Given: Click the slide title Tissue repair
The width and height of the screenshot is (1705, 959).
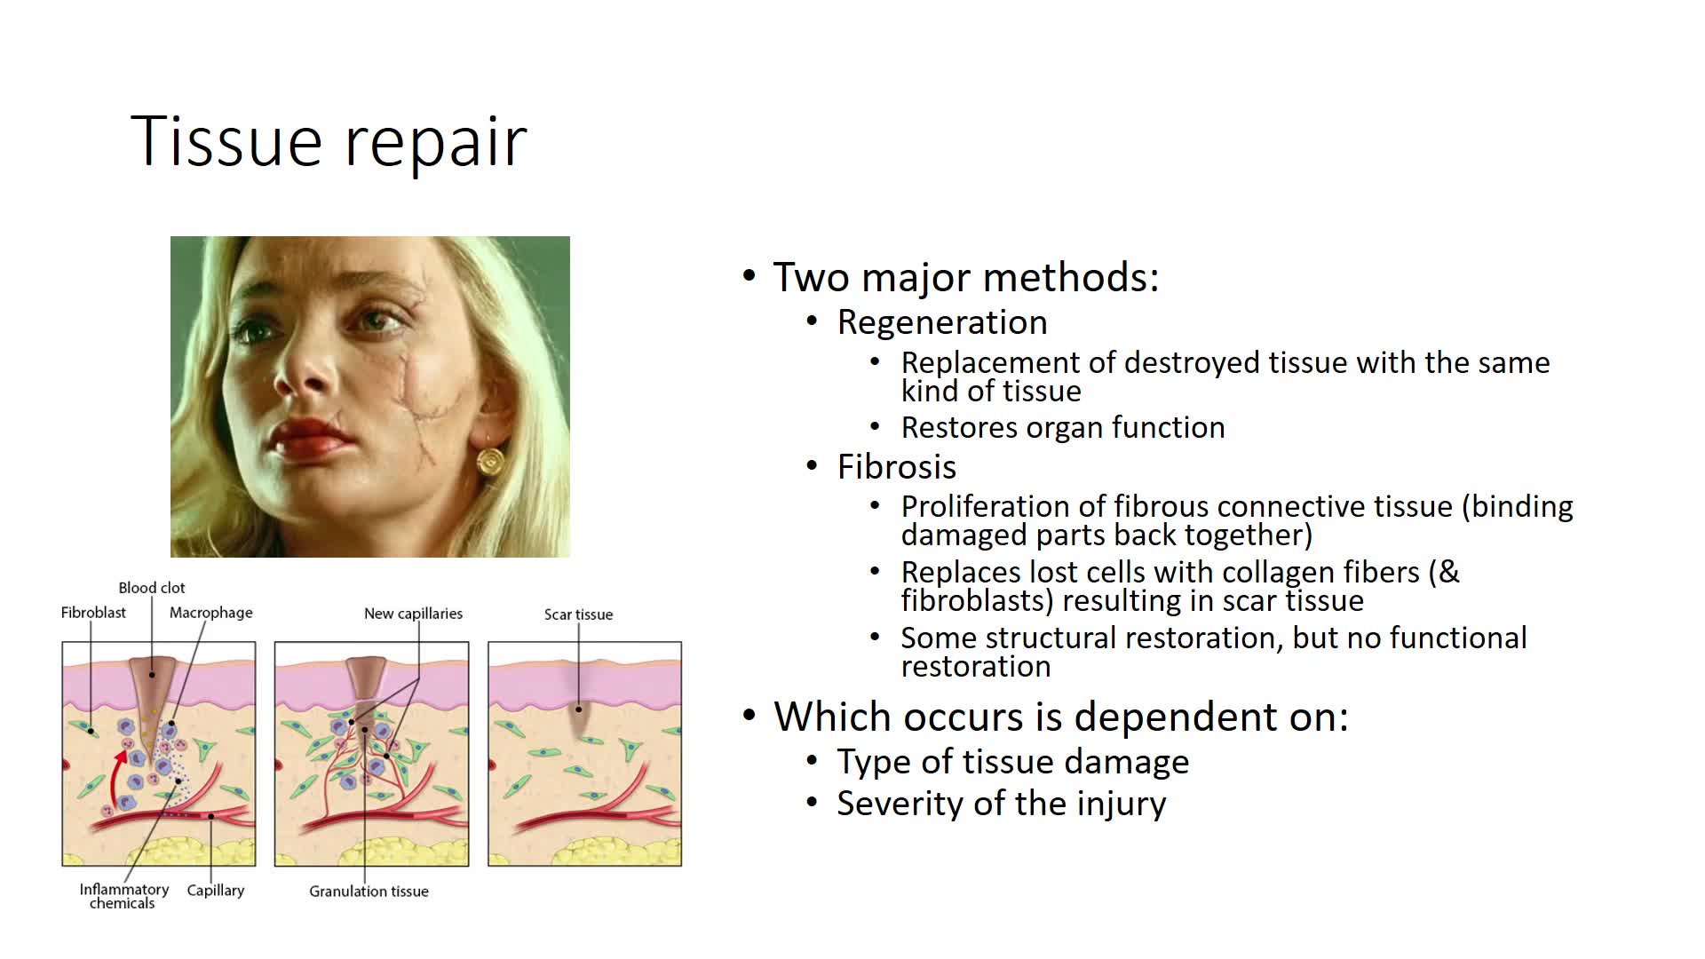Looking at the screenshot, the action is pos(329,141).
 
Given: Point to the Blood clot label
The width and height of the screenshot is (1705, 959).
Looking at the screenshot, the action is pos(152,588).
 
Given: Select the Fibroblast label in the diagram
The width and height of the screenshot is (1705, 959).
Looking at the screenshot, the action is pos(93,613).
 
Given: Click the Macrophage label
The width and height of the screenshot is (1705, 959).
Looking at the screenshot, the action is pos(211,613).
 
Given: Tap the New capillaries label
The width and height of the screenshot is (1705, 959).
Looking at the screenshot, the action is pos(413,614).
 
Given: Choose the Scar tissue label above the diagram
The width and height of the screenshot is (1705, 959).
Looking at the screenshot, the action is pos(578,614).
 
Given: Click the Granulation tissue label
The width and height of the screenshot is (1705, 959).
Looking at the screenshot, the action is pos(369,891).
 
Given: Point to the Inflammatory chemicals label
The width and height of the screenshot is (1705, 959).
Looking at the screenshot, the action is pos(123,896).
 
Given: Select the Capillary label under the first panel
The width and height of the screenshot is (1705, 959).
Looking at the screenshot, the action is pos(215,891).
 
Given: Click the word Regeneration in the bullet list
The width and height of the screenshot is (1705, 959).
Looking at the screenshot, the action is pos(942,322).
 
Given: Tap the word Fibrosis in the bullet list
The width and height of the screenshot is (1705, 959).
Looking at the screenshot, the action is pos(897,467).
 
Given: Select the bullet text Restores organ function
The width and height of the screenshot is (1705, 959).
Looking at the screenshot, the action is pos(1063,427).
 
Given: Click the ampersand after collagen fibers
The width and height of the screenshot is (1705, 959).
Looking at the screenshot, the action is pos(1448,572).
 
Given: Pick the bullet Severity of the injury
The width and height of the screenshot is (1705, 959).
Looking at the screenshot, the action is pos(1002,804).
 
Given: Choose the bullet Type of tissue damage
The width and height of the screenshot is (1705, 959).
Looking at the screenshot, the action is pos(1013,762).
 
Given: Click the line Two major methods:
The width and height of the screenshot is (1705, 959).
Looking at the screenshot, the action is pos(966,277).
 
